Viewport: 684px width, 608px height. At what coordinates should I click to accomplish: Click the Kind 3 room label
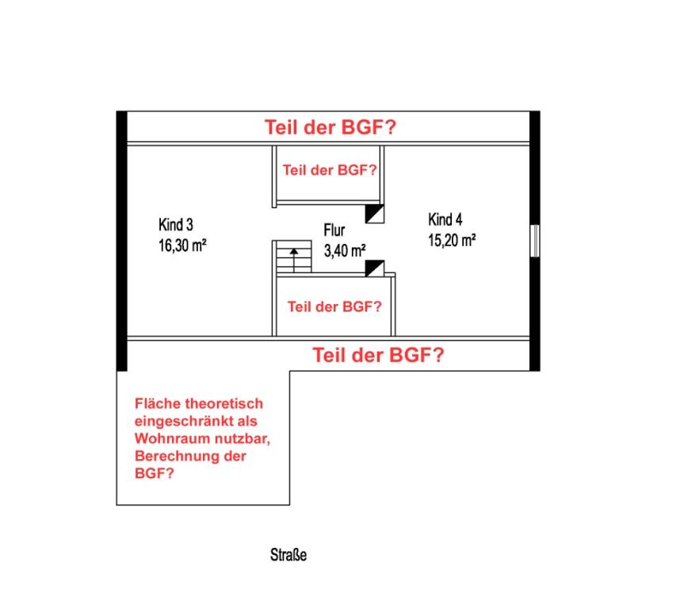(x=176, y=225)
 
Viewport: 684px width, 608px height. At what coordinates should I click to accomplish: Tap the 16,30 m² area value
(x=182, y=245)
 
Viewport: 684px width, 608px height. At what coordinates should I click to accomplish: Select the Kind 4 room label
(x=445, y=219)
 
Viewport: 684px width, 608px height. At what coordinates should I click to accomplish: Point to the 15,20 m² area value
(x=452, y=240)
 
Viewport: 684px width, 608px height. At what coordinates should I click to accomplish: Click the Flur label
(x=334, y=230)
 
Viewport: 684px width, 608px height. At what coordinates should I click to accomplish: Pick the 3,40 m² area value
(x=345, y=251)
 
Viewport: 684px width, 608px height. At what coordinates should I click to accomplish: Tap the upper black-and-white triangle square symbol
(x=375, y=214)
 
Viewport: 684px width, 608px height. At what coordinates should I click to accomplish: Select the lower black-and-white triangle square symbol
(x=375, y=268)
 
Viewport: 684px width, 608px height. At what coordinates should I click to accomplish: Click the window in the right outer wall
(x=535, y=241)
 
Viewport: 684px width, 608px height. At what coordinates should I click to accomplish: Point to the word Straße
(x=289, y=555)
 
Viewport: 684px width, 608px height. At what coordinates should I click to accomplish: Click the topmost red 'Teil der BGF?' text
(x=331, y=127)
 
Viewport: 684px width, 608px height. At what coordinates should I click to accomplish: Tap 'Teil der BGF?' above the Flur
(x=330, y=170)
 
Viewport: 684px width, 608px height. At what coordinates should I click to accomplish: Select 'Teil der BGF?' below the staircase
(x=334, y=307)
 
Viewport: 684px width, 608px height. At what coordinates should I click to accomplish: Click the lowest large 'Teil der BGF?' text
(x=378, y=355)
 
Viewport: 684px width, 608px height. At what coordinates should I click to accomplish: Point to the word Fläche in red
(x=158, y=404)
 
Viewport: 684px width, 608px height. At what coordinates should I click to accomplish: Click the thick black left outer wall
(x=122, y=241)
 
